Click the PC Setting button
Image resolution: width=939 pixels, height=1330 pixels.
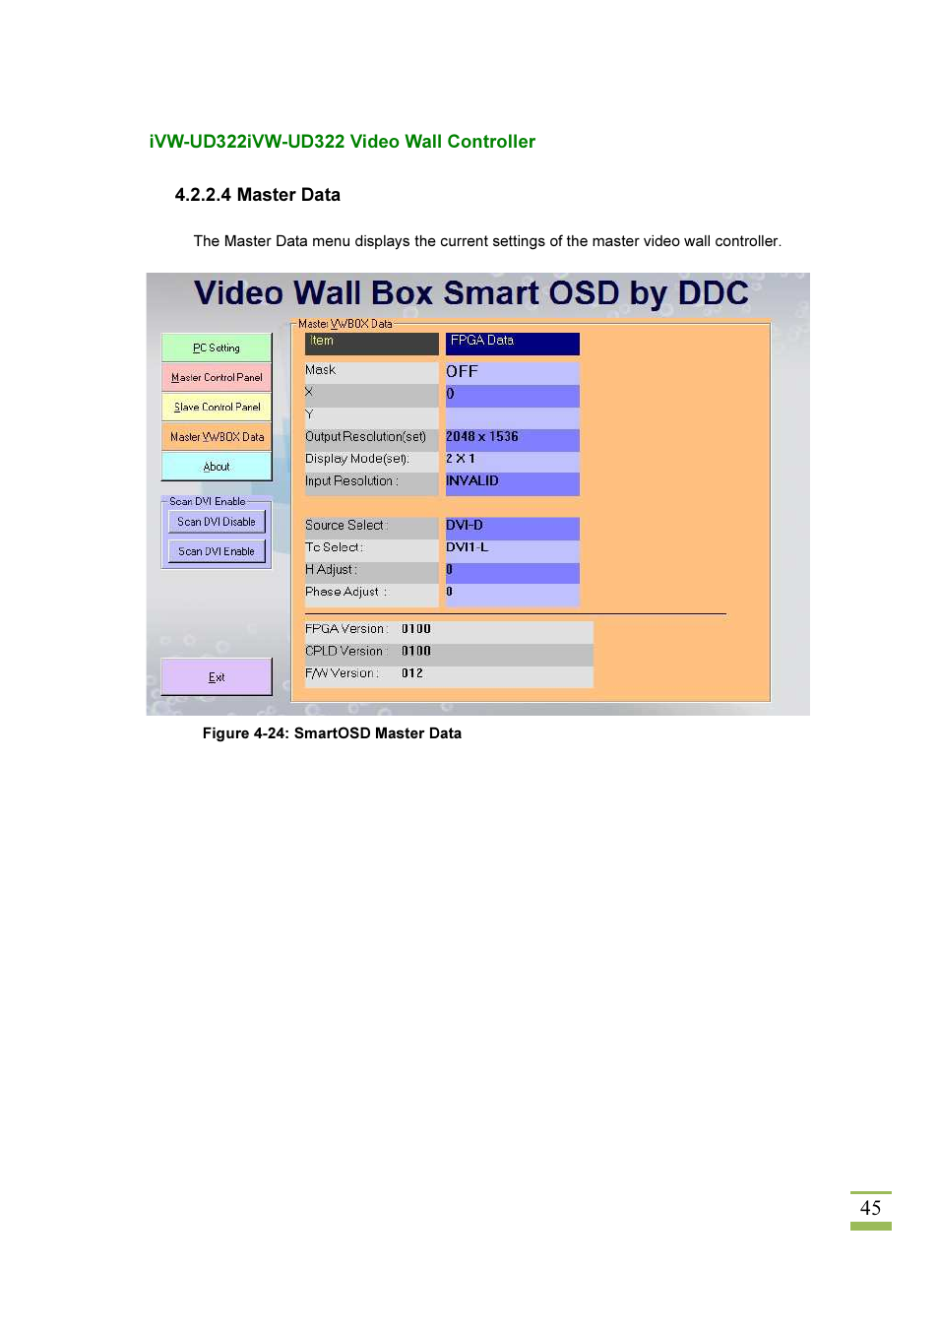[x=217, y=348]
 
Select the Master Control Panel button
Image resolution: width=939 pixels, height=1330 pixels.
[x=217, y=377]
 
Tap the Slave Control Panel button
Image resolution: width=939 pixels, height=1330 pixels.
[x=217, y=407]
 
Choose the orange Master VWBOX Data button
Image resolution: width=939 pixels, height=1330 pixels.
[x=217, y=437]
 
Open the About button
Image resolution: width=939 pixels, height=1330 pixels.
[x=217, y=467]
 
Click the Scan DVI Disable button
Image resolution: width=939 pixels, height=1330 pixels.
[x=217, y=522]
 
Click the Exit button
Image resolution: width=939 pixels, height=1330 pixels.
[x=217, y=677]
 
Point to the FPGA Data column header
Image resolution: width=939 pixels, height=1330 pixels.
[x=512, y=342]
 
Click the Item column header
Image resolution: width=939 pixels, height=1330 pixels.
[x=371, y=342]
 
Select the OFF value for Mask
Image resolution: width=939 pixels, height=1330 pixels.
[x=462, y=372]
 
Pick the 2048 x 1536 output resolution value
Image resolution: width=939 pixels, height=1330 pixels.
[x=482, y=437]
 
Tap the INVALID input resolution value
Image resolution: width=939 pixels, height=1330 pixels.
[x=472, y=481]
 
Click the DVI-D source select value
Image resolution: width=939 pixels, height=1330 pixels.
[x=465, y=526]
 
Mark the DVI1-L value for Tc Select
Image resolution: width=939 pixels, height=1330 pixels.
[x=468, y=547]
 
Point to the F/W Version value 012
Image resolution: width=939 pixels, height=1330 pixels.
[x=412, y=673]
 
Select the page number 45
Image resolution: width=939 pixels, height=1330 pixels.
[x=870, y=1208]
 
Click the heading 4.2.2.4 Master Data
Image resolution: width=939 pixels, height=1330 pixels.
[x=258, y=195]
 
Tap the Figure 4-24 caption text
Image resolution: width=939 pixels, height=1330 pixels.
[x=332, y=733]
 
